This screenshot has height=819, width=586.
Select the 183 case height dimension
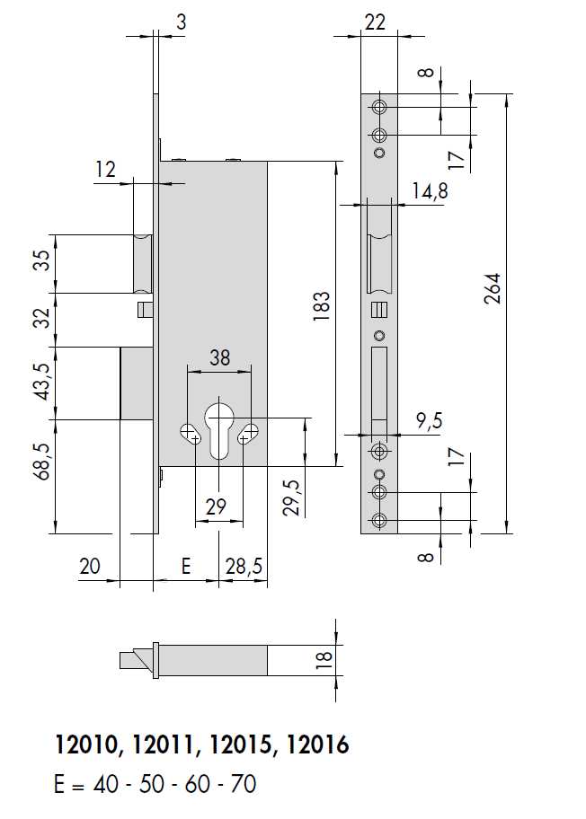323,307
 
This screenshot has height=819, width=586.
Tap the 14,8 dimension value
429,191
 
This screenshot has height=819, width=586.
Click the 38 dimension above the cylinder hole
220,357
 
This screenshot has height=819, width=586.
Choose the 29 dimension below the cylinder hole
216,507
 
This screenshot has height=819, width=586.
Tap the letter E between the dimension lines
186,567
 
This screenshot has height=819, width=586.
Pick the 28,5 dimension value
243,567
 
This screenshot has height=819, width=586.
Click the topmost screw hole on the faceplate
380,108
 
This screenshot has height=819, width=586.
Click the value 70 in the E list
244,784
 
